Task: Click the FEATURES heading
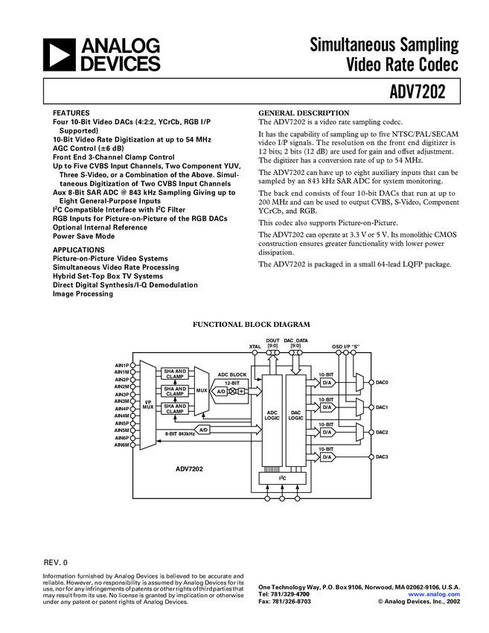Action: pyautogui.click(x=69, y=113)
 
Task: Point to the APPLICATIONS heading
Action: pyautogui.click(x=78, y=250)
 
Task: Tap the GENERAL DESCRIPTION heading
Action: pyautogui.click(x=303, y=113)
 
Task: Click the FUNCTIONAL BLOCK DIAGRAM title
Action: pyautogui.click(x=252, y=324)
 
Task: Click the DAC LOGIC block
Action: pyautogui.click(x=295, y=416)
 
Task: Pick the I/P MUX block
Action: pyautogui.click(x=147, y=405)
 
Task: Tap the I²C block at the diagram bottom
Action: pyautogui.click(x=282, y=477)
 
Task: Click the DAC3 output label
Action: pyautogui.click(x=382, y=457)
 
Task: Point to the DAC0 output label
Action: pyautogui.click(x=382, y=383)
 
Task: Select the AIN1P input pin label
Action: pyautogui.click(x=122, y=365)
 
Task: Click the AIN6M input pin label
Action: pyautogui.click(x=122, y=445)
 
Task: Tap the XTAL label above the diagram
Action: pyautogui.click(x=255, y=347)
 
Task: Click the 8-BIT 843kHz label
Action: pyautogui.click(x=179, y=433)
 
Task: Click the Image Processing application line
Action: pyautogui.click(x=83, y=293)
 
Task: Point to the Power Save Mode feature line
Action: pyautogui.click(x=83, y=235)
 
